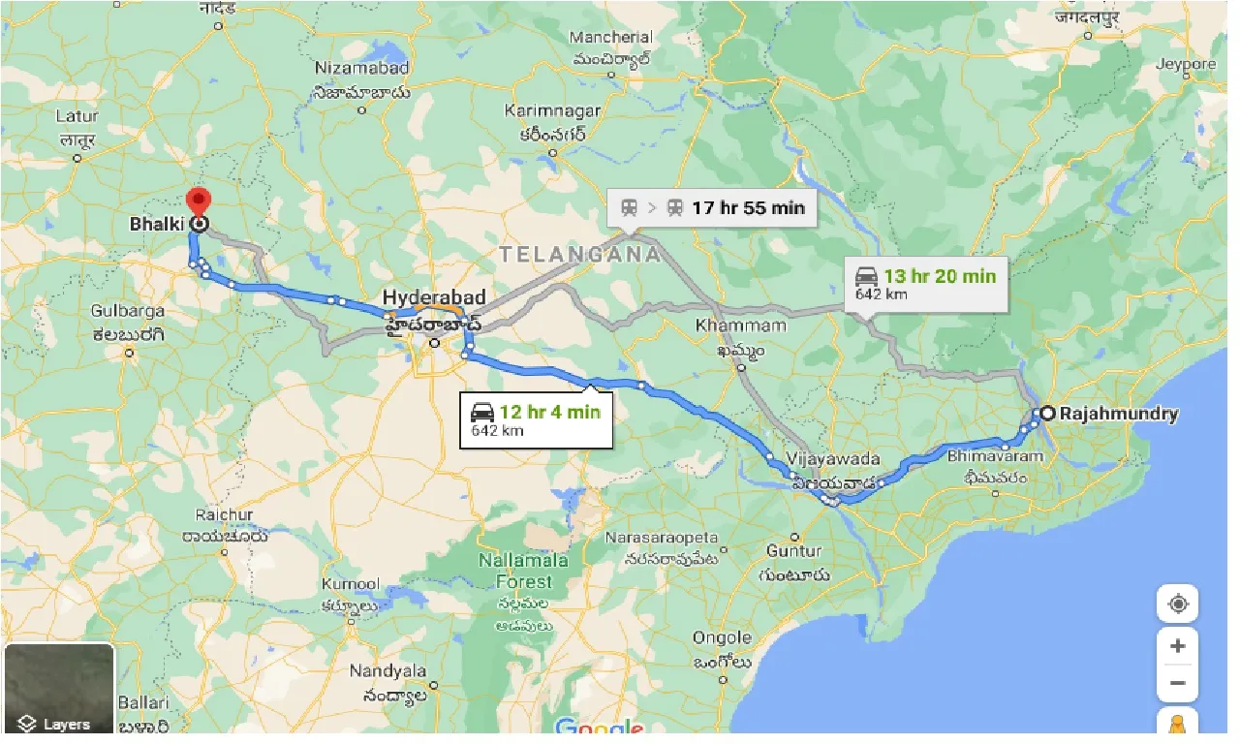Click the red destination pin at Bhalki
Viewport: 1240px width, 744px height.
coord(199,204)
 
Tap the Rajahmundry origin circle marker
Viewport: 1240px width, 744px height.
coord(1047,414)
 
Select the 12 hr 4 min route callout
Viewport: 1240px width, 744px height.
coord(536,419)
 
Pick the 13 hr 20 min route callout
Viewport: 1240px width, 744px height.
coord(924,283)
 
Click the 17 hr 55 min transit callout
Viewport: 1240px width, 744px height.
coord(712,207)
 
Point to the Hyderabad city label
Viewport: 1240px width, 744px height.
coord(433,297)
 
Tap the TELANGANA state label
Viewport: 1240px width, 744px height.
coord(580,255)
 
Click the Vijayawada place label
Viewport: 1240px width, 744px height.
coord(833,458)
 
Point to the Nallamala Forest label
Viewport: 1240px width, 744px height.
coord(516,572)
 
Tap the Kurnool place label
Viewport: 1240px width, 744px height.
coord(351,585)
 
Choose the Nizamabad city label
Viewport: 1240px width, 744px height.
coord(361,69)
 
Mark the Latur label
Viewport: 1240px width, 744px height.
coord(77,116)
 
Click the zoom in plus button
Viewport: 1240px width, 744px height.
coord(1178,646)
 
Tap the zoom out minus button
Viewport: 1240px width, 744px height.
coord(1178,683)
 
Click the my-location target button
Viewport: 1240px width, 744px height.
coord(1178,604)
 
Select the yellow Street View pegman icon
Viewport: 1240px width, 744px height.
coord(1178,724)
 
